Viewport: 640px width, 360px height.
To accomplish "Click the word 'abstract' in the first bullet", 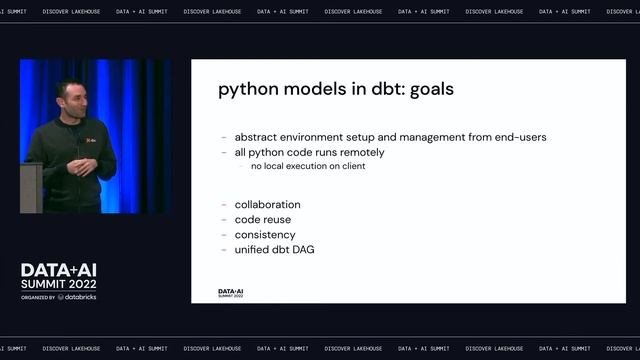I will (257, 137).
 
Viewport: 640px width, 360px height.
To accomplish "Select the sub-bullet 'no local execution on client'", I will (308, 166).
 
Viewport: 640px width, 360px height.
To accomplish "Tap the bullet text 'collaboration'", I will (267, 205).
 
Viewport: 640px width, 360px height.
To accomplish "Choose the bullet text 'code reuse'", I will (262, 219).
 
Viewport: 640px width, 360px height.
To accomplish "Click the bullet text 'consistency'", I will (265, 234).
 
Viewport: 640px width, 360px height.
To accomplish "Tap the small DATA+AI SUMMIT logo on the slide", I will (231, 293).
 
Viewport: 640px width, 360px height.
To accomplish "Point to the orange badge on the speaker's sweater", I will (91, 143).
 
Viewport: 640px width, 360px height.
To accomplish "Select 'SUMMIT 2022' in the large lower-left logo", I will (64, 284).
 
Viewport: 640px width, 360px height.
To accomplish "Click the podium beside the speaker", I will (30, 185).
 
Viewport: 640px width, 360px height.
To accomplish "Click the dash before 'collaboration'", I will (224, 205).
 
